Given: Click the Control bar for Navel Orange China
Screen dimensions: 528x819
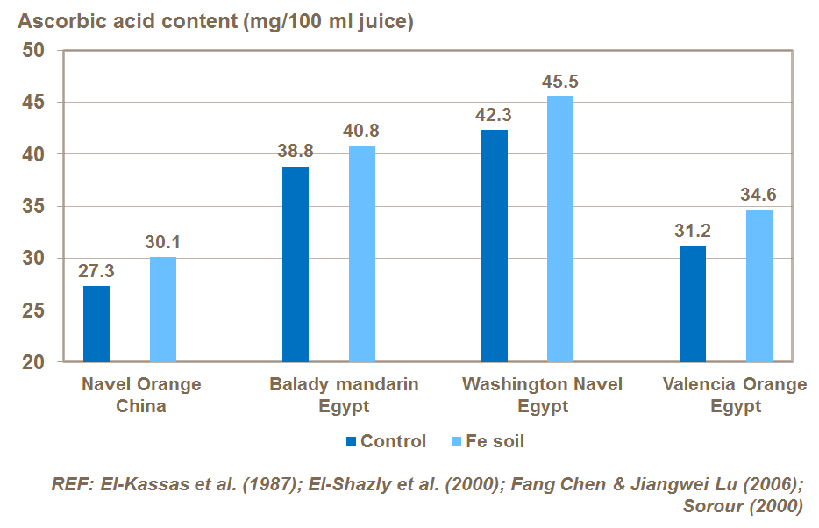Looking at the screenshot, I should (x=97, y=324).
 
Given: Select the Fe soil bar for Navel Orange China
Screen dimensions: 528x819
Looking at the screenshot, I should (x=163, y=309).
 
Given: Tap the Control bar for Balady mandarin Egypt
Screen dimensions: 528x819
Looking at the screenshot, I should (x=296, y=264).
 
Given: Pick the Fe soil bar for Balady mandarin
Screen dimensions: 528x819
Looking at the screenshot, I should (x=362, y=253).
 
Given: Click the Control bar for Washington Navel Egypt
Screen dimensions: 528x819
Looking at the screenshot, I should (x=495, y=246).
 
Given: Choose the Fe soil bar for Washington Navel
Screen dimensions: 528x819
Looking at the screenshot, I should (x=560, y=229).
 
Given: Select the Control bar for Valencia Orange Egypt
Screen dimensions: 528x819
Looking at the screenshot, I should (x=693, y=303).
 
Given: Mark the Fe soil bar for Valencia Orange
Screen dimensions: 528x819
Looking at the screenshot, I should (x=759, y=286).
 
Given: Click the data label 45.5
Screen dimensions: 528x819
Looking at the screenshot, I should (x=560, y=82).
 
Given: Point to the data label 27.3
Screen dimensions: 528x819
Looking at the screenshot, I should (x=96, y=271).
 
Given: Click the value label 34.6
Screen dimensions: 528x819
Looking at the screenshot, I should (x=759, y=196).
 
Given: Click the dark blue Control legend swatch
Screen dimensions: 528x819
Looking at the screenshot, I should (x=353, y=441).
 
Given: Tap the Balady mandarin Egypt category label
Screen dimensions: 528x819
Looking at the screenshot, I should (x=344, y=396).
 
